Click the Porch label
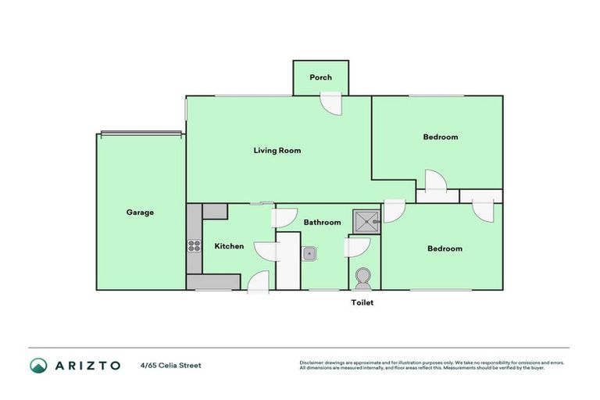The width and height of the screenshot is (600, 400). (x=320, y=77)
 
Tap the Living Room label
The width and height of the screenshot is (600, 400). (x=277, y=150)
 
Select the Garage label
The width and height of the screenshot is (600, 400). (x=140, y=212)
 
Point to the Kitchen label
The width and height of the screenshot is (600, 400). (x=229, y=246)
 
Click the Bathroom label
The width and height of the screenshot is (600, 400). (x=322, y=222)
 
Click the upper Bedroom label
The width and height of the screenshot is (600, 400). (x=440, y=137)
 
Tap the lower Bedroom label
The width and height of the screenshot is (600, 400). (x=445, y=248)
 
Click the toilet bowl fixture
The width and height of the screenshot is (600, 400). (x=363, y=277)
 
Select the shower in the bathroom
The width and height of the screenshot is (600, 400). (x=366, y=222)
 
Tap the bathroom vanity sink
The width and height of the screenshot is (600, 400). (x=310, y=252)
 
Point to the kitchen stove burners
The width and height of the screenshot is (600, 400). (x=194, y=246)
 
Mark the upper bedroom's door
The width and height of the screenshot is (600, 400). (x=434, y=181)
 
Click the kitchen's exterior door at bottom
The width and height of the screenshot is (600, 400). (x=259, y=282)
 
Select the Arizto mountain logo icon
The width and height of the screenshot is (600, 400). (x=38, y=365)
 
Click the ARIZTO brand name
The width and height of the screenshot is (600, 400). (x=87, y=365)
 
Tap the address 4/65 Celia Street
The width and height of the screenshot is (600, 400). (x=170, y=365)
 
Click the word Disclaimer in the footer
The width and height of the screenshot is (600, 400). (x=312, y=362)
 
